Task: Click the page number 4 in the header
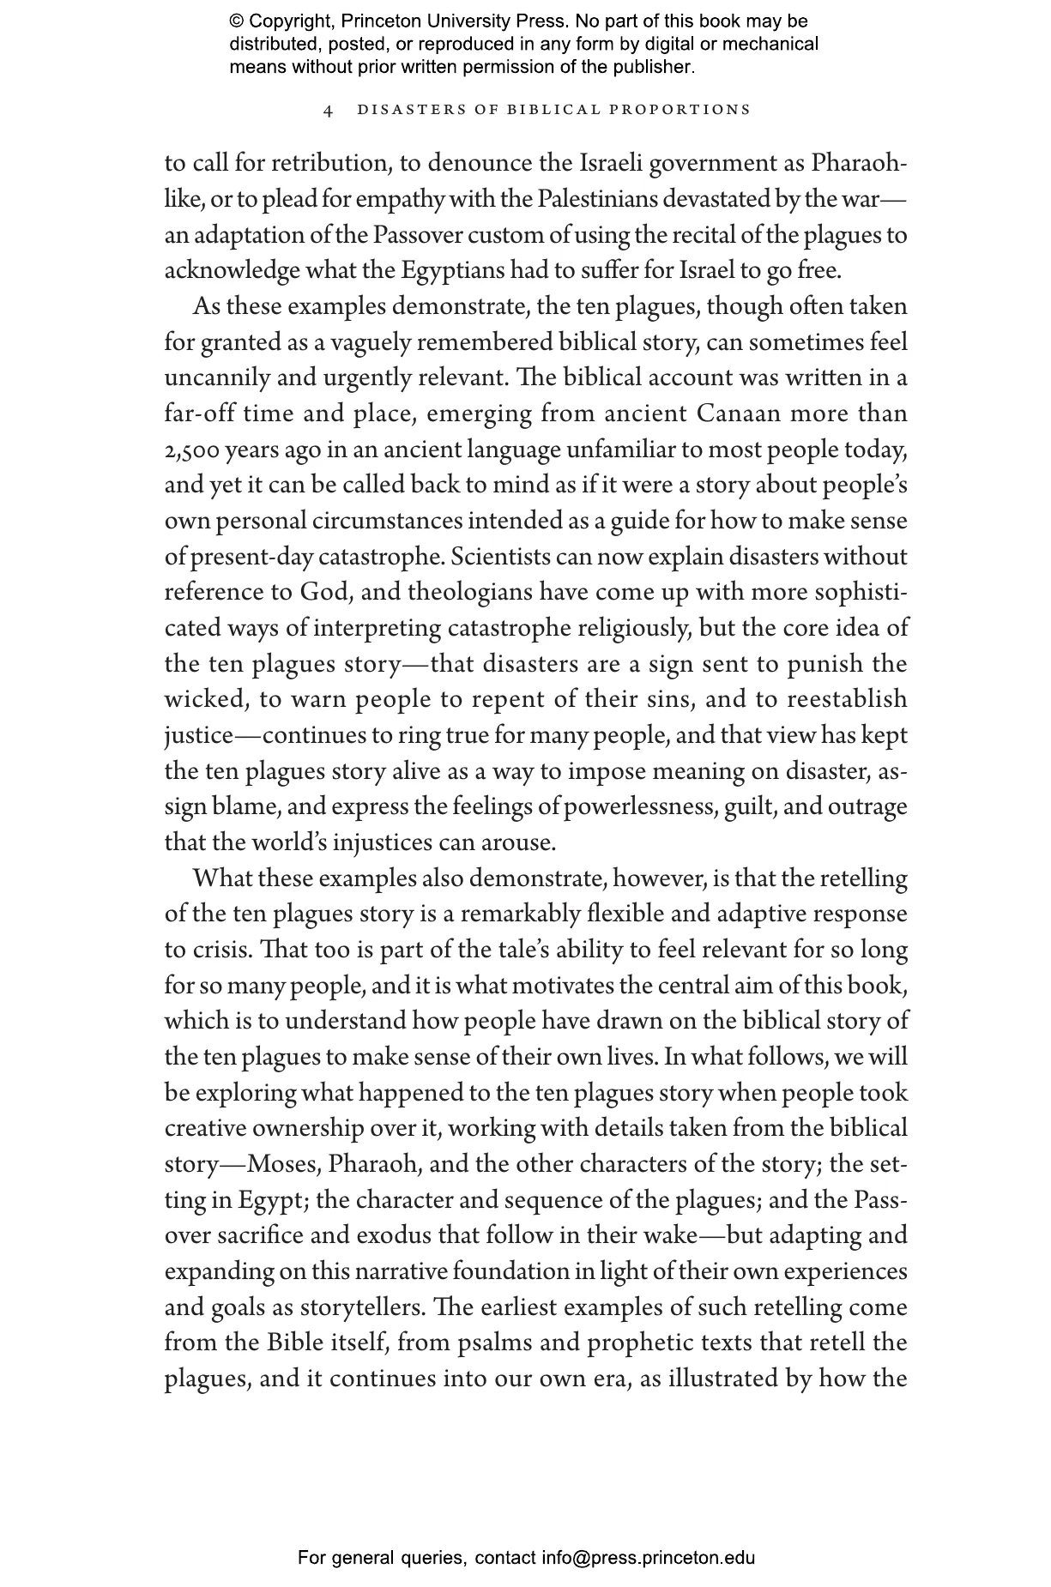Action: pyautogui.click(x=329, y=111)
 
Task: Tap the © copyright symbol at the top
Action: pyautogui.click(x=237, y=21)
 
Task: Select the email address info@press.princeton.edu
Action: pyautogui.click(x=648, y=1558)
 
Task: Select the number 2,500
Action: pyautogui.click(x=191, y=450)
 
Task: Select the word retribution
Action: pyautogui.click(x=320, y=164)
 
